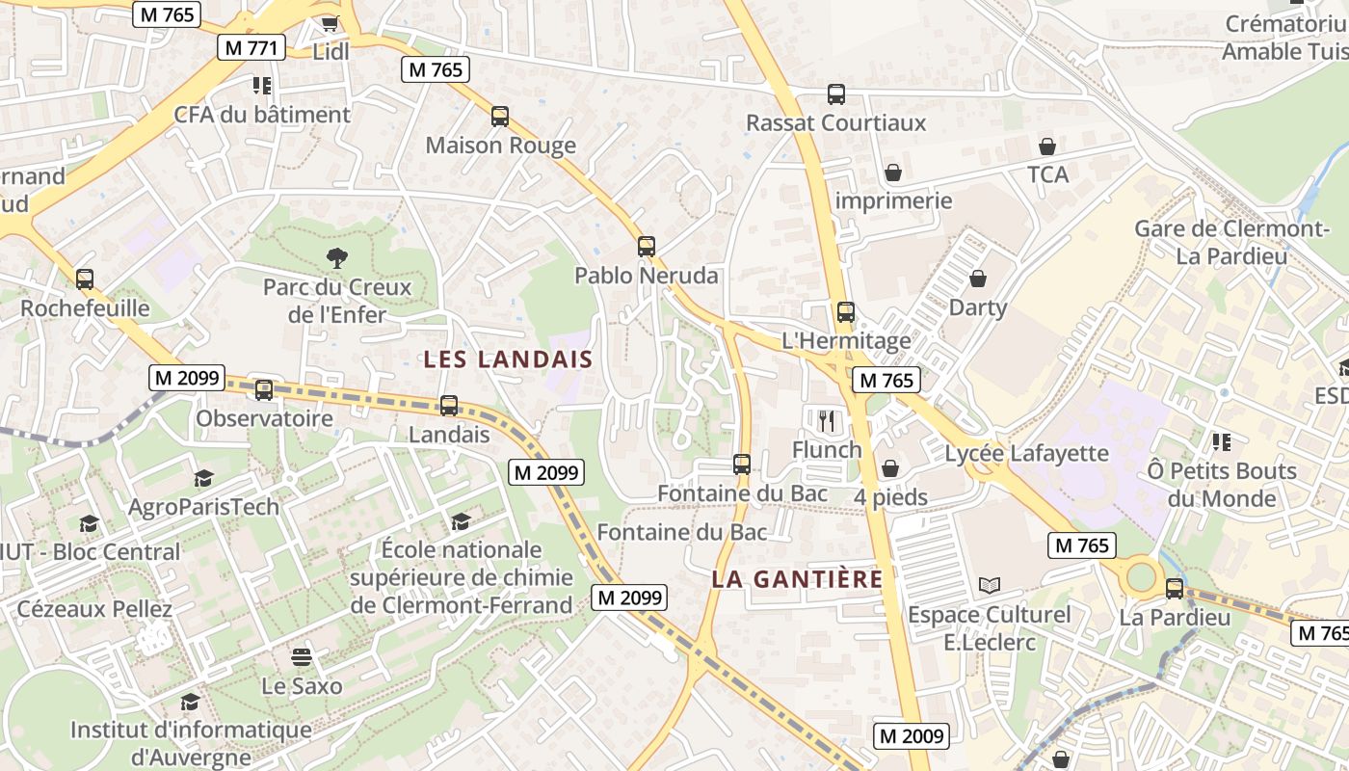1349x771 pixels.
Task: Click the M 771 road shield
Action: tap(251, 47)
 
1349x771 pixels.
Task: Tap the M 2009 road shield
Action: tap(912, 736)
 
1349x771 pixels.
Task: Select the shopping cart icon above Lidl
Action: tap(331, 23)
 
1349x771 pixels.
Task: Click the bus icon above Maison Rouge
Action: tap(499, 117)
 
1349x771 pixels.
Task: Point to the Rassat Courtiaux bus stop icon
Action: tap(836, 94)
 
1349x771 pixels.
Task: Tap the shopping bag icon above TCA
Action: tap(1047, 146)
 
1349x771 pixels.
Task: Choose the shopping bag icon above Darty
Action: tap(978, 279)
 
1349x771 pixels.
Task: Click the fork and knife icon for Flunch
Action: tap(827, 420)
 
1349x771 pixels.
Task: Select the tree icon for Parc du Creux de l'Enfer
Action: tap(336, 257)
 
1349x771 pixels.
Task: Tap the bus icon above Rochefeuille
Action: tap(85, 279)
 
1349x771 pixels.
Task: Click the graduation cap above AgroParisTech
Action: tap(203, 478)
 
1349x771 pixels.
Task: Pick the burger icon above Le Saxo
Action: tap(302, 657)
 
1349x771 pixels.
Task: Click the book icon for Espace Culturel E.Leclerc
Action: tap(989, 585)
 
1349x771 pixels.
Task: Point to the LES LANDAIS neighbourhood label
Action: tap(508, 359)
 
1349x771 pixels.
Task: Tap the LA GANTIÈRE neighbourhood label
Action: tap(797, 579)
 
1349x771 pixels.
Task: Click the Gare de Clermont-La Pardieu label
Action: tap(1231, 242)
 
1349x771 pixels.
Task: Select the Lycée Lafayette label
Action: tap(1026, 453)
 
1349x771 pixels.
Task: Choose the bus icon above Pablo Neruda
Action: tap(647, 246)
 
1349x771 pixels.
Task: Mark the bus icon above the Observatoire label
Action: tap(264, 390)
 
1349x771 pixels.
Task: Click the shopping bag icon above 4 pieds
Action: tap(890, 468)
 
